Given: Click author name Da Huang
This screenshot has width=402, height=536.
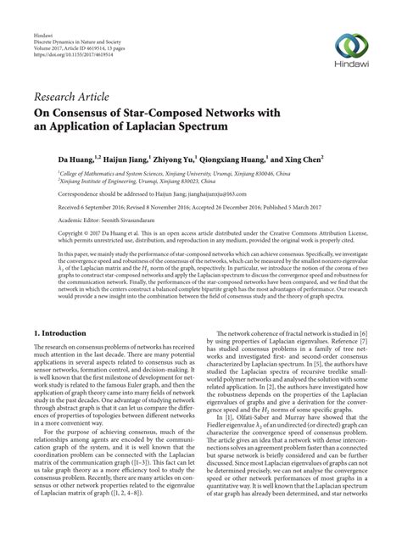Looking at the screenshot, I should tap(50, 158).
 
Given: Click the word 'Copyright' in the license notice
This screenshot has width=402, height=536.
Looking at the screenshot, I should tap(47, 232).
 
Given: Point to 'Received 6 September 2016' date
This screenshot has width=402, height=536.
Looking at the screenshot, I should tap(72, 206).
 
